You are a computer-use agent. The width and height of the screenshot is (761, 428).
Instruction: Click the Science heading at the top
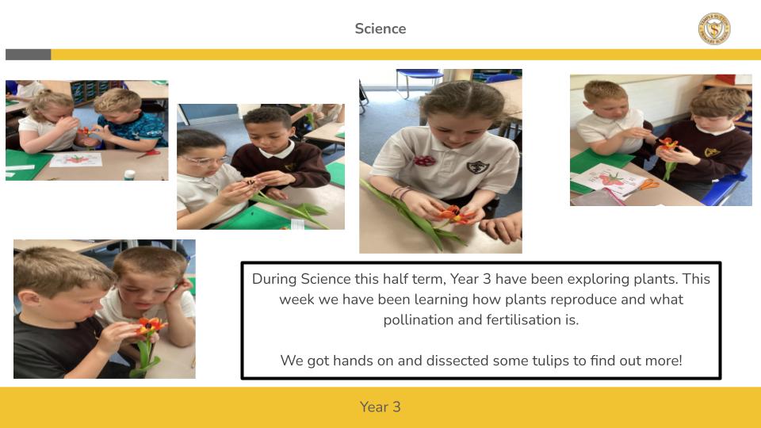[380, 29]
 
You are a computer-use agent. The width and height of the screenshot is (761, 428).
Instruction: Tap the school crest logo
[714, 29]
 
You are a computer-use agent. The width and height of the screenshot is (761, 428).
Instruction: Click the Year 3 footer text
[380, 407]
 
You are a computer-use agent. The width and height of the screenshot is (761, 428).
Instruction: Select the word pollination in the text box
[419, 319]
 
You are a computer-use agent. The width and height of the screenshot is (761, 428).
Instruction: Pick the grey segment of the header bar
[29, 55]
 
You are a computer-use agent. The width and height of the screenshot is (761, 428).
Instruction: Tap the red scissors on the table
[150, 153]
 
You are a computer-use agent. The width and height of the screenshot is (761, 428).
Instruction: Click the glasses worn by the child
[207, 159]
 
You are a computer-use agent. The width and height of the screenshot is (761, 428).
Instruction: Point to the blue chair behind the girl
[419, 80]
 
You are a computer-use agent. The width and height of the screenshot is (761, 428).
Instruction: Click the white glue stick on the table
[129, 174]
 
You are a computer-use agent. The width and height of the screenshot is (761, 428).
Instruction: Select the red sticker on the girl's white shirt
[424, 161]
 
